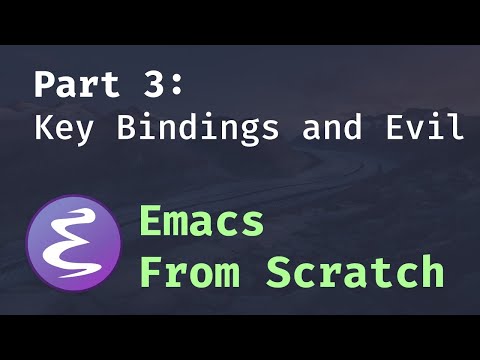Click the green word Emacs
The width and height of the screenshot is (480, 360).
coord(201,221)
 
